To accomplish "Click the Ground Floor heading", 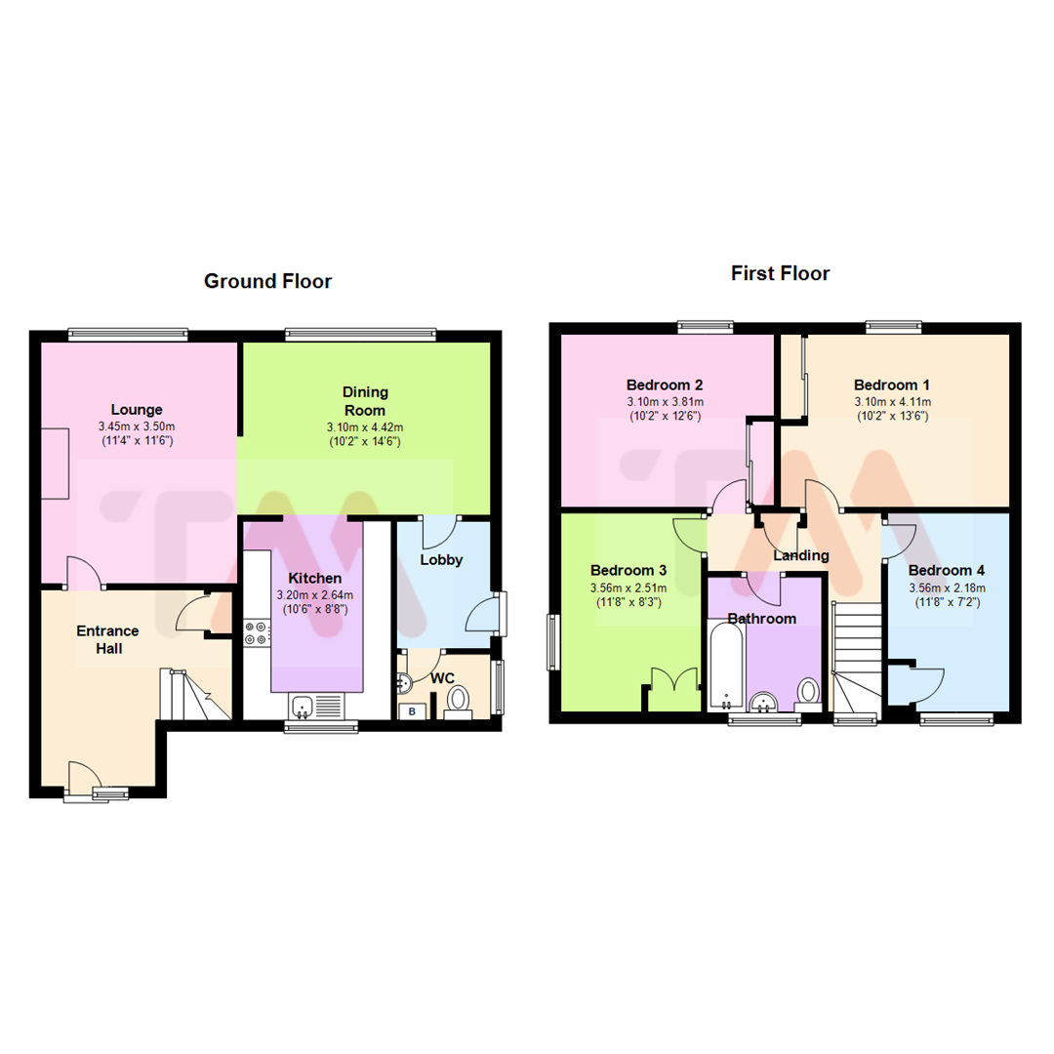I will point(267,282).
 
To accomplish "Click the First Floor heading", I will point(780,273).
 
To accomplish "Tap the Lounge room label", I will point(137,410).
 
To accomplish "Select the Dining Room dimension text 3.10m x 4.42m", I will point(365,426).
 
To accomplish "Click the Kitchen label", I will point(314,579).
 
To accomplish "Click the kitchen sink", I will point(302,705).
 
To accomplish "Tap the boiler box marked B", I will point(412,711).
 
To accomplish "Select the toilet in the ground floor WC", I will point(458,700).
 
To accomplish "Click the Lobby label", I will point(441,560).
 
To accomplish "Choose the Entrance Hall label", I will point(107,639).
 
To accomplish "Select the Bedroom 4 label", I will point(946,570).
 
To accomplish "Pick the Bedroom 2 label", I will point(665,385).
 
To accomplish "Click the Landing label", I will point(800,555).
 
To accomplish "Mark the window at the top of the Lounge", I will point(128,335).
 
